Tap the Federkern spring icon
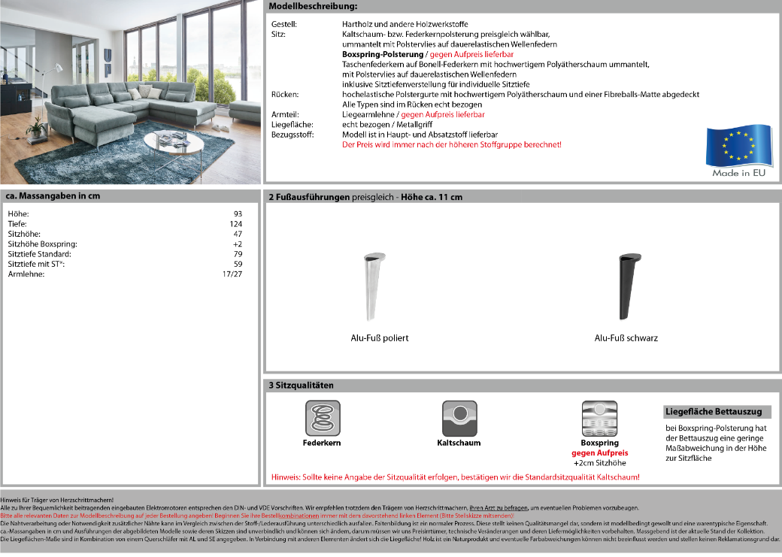click(x=322, y=419)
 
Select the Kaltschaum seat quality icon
click(x=459, y=419)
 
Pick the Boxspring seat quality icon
click(x=599, y=419)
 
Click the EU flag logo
click(x=738, y=146)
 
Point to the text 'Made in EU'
click(x=738, y=173)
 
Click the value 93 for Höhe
click(x=238, y=214)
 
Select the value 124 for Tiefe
click(x=235, y=224)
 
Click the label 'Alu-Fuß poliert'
click(x=380, y=338)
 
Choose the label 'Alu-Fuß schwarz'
click(x=626, y=338)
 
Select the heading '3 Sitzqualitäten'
click(x=301, y=385)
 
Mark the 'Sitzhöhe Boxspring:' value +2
click(x=237, y=244)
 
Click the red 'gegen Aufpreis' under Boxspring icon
click(x=599, y=453)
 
